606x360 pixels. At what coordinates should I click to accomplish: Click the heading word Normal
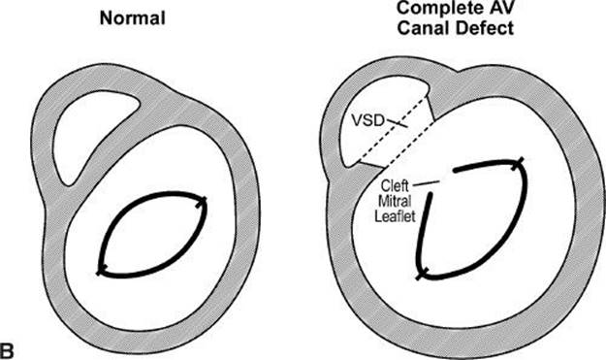(133, 18)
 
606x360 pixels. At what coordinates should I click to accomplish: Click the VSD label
(367, 120)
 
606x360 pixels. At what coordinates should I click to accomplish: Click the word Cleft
(395, 186)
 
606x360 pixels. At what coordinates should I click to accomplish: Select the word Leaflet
(395, 215)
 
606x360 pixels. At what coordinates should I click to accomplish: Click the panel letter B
(7, 351)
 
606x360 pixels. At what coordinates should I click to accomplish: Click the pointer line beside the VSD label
(397, 123)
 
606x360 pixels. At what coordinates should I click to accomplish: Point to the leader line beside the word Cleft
(426, 183)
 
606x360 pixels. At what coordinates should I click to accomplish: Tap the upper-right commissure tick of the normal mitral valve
(204, 202)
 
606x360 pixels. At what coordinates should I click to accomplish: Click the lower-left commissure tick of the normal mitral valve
(101, 271)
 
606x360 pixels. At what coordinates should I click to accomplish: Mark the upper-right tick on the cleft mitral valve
(519, 163)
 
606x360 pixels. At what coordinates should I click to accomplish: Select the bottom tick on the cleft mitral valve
(422, 275)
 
